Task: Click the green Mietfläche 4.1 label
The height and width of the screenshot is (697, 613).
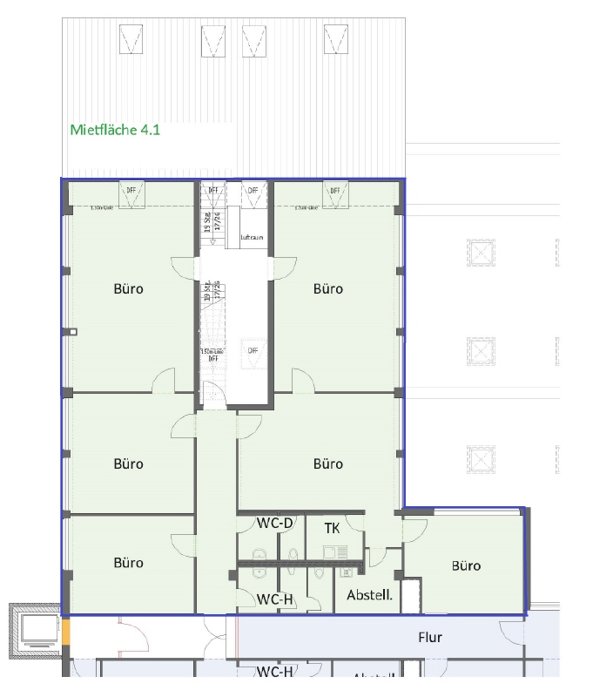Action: (114, 130)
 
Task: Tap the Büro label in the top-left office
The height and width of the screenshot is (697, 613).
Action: (128, 288)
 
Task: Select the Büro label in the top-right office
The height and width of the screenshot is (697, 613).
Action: (328, 288)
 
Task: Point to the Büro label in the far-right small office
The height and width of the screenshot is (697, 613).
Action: (466, 565)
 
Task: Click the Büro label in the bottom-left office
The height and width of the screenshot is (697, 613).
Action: (128, 563)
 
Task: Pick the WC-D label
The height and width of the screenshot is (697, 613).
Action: (274, 524)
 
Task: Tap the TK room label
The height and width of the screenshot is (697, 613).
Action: (332, 528)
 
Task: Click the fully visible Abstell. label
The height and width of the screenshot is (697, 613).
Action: (369, 596)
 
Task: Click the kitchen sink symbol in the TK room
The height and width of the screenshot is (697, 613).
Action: (334, 552)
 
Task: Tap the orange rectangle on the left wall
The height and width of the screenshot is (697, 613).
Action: (64, 631)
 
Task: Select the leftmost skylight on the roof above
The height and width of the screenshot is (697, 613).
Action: (131, 38)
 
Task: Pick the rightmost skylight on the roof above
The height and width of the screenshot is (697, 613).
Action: (336, 38)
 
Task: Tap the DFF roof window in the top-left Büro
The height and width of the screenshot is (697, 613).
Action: (131, 193)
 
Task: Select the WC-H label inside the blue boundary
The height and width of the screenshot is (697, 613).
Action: (274, 599)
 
